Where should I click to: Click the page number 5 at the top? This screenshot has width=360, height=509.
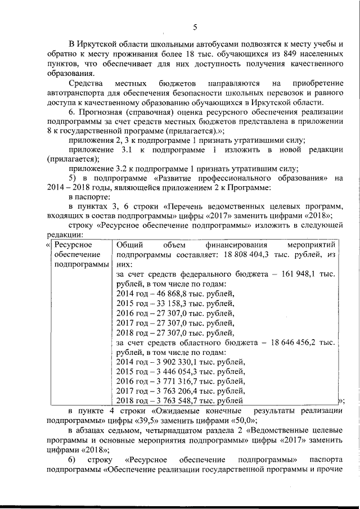tap(195, 27)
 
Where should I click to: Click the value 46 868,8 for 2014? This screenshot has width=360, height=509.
tap(164, 294)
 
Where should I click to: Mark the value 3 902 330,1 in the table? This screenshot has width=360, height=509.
tap(168, 362)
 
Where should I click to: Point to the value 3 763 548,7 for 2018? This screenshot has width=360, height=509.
tap(168, 400)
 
